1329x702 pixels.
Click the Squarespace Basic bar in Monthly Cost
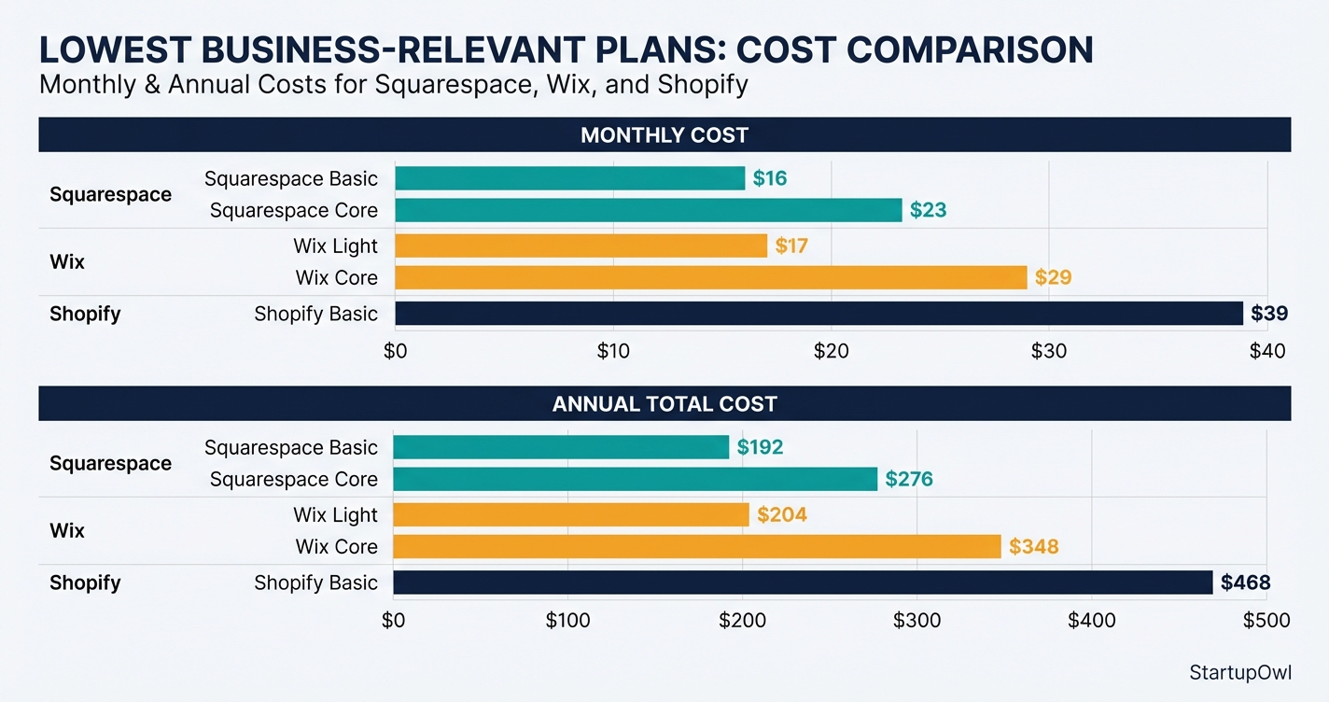[x=570, y=178]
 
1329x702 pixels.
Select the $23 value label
[x=928, y=210]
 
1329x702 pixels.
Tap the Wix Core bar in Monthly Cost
[x=710, y=277]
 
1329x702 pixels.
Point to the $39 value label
[x=1269, y=314]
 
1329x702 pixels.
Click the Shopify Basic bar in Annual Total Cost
[x=803, y=583]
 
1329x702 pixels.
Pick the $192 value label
[x=760, y=447]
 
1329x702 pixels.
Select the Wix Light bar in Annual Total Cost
[x=571, y=514]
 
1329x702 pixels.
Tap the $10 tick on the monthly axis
[x=613, y=352]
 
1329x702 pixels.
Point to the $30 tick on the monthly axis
[x=1049, y=352]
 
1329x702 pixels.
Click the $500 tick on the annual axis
[x=1266, y=621]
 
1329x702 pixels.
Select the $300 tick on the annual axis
[x=916, y=621]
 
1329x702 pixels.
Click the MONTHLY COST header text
[x=664, y=135]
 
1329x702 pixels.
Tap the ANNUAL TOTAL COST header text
[x=664, y=404]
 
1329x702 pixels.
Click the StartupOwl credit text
[x=1240, y=672]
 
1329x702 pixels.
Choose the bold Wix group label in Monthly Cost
[x=67, y=261]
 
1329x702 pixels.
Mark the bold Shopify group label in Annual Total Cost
[x=85, y=583]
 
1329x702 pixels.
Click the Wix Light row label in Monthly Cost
[x=335, y=246]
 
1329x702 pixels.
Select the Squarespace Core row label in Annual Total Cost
[x=293, y=479]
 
